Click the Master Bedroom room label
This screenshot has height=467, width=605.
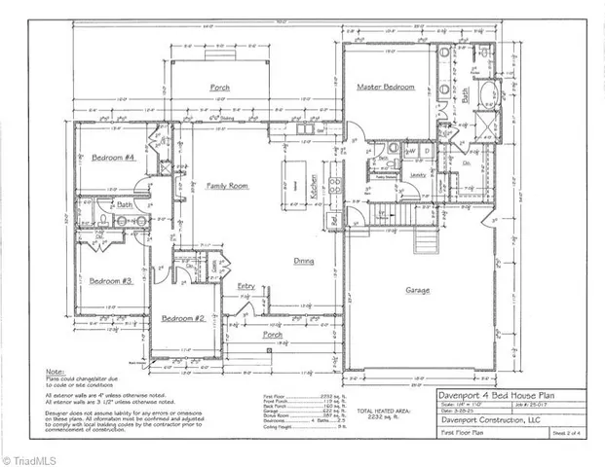click(387, 88)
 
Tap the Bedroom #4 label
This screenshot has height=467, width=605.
click(112, 158)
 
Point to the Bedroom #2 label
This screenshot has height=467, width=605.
click(182, 318)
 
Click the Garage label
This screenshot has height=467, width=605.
click(419, 290)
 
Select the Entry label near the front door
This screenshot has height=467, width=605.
click(246, 286)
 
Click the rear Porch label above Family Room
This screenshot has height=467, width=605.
click(220, 88)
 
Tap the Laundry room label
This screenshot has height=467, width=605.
click(420, 175)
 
